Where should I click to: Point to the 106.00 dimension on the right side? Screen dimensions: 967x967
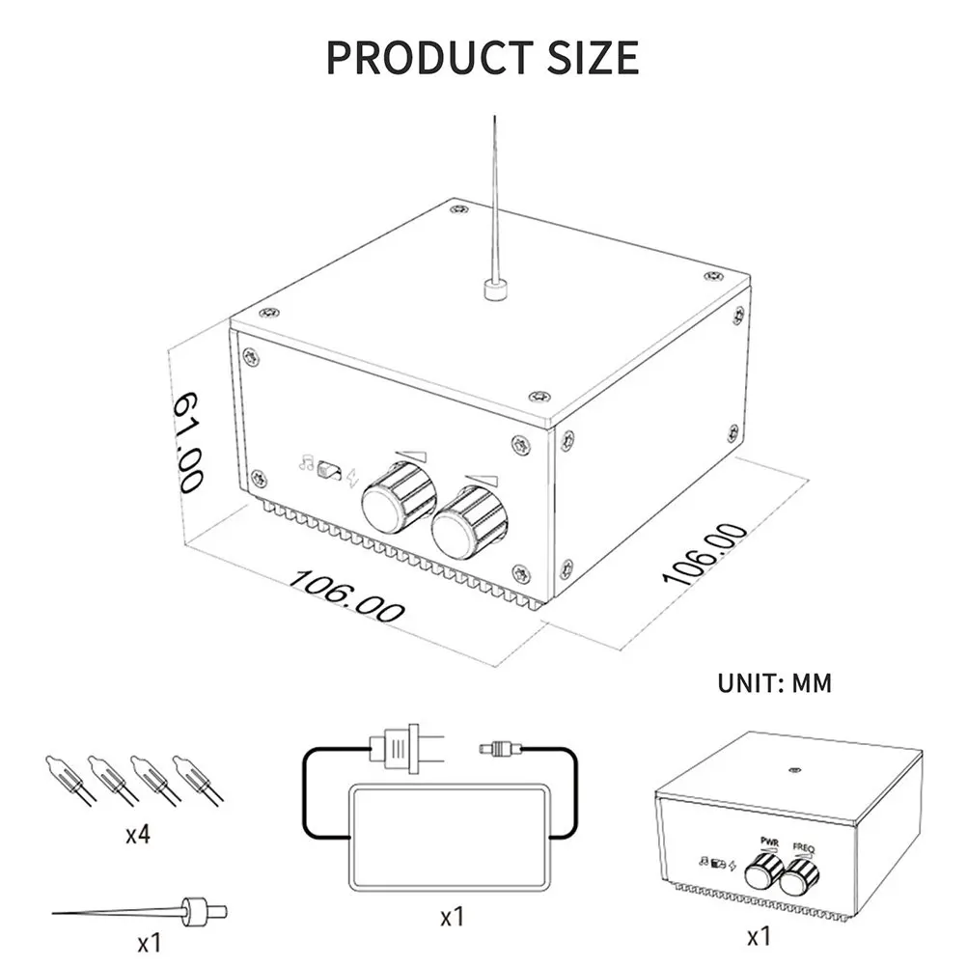coord(705,553)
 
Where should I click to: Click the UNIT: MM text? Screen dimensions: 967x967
coord(774,683)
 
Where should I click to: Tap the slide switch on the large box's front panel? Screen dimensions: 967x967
coord(330,468)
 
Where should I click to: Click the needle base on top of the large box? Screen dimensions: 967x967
coord(494,289)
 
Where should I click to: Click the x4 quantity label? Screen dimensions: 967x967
coord(138,834)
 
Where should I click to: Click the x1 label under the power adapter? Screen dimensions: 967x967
coord(453,916)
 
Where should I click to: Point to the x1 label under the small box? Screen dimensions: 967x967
coord(760,935)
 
